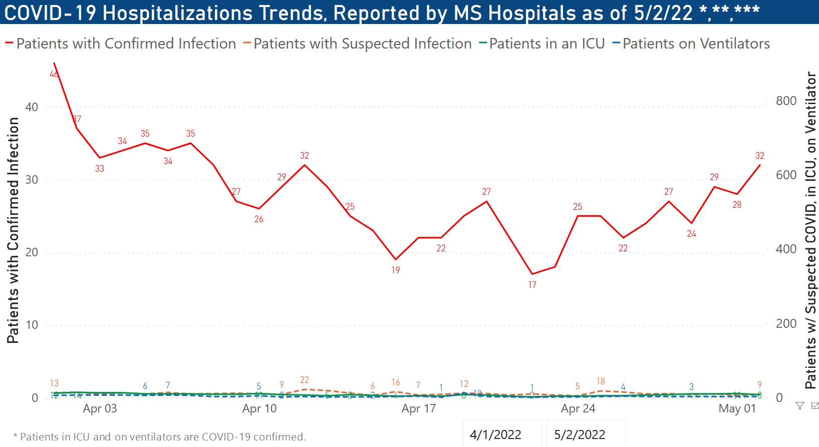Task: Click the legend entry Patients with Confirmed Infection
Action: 126,44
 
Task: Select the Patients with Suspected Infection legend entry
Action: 362,44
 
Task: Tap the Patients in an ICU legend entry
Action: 547,44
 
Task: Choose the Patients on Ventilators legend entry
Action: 696,44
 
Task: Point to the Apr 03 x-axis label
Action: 100,408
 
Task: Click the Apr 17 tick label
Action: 419,408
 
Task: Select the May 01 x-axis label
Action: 737,408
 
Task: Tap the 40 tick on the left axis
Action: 32,107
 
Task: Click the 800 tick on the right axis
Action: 786,101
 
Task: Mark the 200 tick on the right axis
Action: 786,324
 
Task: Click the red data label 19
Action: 396,270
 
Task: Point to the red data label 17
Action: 532,285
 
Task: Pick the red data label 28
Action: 737,205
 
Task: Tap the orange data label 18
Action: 601,381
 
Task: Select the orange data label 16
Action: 396,382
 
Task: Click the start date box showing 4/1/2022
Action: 495,434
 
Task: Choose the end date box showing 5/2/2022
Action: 580,434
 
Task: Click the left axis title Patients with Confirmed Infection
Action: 13,230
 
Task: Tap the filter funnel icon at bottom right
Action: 799,406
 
